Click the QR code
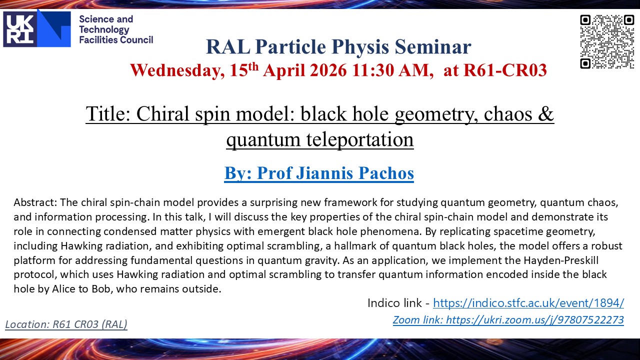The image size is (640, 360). (607, 42)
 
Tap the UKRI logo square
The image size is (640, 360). (20, 29)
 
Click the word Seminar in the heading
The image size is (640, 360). (433, 47)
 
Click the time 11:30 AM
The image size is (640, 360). (390, 70)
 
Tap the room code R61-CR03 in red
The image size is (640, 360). (505, 70)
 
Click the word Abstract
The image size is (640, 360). (35, 202)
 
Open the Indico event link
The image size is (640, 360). (528, 303)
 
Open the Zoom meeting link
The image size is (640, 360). (508, 320)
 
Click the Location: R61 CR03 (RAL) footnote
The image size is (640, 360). (66, 324)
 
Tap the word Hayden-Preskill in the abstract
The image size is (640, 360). (561, 260)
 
